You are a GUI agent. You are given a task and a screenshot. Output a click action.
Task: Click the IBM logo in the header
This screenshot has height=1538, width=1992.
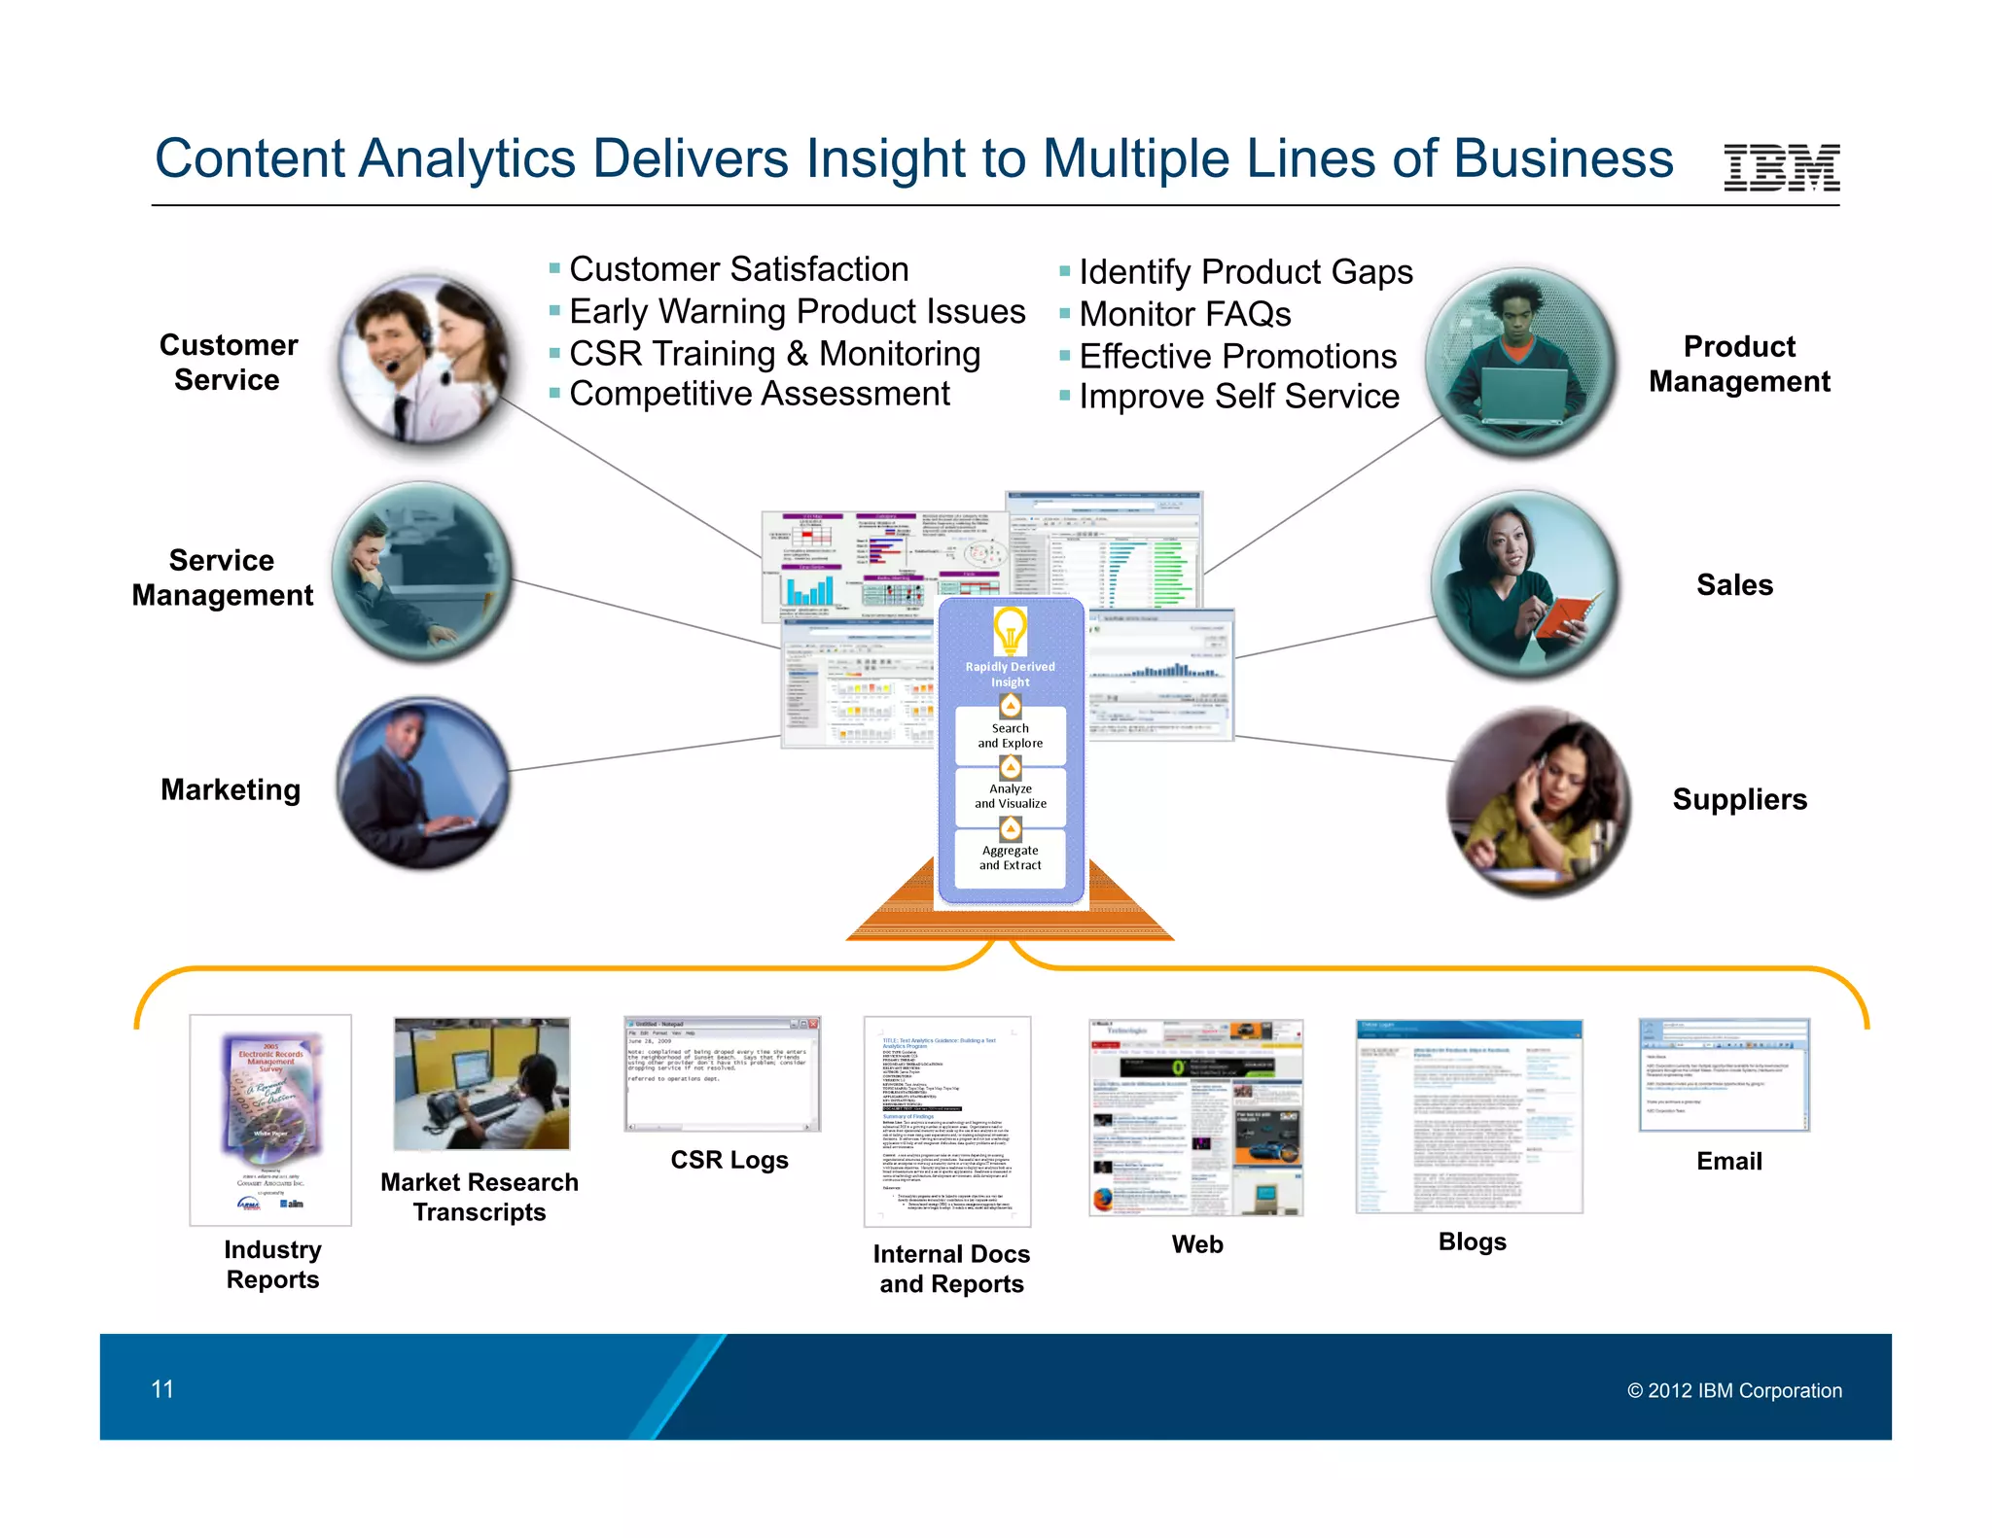[x=1781, y=167]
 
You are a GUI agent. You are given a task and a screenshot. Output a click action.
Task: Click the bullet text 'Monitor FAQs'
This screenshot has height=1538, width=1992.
[x=1185, y=314]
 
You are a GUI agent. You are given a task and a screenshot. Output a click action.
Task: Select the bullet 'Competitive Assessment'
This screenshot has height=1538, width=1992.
[x=759, y=394]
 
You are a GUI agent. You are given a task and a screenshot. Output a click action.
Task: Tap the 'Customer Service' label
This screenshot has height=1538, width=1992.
[x=229, y=363]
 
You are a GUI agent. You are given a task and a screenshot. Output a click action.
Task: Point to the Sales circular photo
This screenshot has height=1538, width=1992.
[x=1525, y=584]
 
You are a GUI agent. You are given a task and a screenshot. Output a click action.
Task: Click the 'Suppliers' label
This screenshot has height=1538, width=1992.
[x=1739, y=799]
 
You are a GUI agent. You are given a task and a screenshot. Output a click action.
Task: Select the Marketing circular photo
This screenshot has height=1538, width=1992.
[x=424, y=782]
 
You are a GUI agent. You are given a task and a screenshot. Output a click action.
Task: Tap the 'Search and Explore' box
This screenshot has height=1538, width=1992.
[x=1010, y=736]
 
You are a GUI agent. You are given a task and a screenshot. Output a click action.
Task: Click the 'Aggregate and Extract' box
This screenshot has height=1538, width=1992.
[x=1010, y=857]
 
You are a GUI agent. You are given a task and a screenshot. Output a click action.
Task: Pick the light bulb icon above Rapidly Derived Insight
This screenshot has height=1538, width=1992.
[x=1010, y=631]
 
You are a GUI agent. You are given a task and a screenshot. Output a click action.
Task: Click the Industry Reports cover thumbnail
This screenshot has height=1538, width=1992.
[x=270, y=1119]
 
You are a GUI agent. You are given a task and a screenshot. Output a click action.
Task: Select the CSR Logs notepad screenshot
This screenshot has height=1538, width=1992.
[x=722, y=1073]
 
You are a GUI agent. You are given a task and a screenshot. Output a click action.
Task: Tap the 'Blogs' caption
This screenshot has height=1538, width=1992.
[x=1472, y=1241]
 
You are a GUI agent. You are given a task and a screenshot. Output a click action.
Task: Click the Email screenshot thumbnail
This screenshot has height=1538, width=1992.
[x=1724, y=1074]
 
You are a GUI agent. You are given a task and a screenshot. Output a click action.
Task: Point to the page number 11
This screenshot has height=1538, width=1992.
[x=162, y=1389]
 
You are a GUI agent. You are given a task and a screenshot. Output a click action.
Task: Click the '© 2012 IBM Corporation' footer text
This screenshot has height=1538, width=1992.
[x=1734, y=1390]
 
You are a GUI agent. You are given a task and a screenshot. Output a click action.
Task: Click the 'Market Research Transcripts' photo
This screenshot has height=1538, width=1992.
[x=481, y=1084]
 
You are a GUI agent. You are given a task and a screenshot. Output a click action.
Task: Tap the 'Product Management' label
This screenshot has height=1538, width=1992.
[x=1739, y=364]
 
